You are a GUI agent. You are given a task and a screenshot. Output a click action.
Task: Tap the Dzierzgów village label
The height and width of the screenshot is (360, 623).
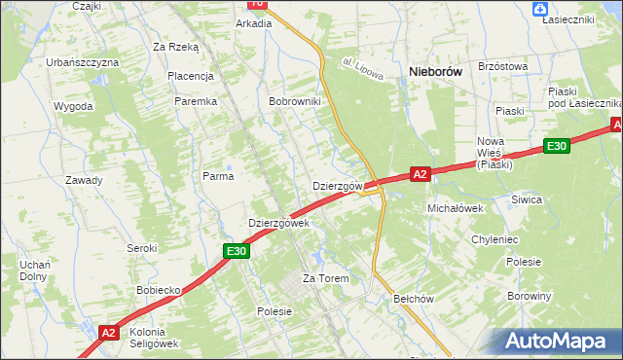338,186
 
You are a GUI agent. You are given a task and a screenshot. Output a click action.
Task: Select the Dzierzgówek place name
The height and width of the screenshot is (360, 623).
278,223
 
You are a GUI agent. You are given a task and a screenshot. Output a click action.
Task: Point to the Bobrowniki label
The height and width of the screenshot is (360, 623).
295,101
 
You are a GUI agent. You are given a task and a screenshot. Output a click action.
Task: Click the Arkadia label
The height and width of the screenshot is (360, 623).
254,23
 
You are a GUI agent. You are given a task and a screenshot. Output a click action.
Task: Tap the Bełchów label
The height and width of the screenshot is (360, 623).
413,300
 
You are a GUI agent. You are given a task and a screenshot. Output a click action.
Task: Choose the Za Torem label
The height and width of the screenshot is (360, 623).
325,279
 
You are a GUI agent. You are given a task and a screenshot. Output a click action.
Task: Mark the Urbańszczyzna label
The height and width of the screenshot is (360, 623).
83,62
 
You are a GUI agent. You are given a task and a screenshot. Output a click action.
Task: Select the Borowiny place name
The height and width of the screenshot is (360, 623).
530,296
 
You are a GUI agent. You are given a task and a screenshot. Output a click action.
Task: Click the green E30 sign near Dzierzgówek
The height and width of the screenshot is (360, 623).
237,251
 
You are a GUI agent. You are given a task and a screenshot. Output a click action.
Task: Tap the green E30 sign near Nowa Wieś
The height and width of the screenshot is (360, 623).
556,146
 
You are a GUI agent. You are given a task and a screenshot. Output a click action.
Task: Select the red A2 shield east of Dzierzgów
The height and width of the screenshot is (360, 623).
420,174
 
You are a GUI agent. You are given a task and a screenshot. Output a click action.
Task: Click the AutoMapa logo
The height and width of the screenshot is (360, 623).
558,342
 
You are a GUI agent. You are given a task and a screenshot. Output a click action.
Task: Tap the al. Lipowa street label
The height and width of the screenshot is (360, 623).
365,68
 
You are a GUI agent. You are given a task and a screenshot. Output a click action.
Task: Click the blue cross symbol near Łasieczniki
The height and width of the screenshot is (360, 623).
540,9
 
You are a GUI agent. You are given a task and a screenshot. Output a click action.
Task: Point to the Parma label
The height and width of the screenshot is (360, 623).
218,176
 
